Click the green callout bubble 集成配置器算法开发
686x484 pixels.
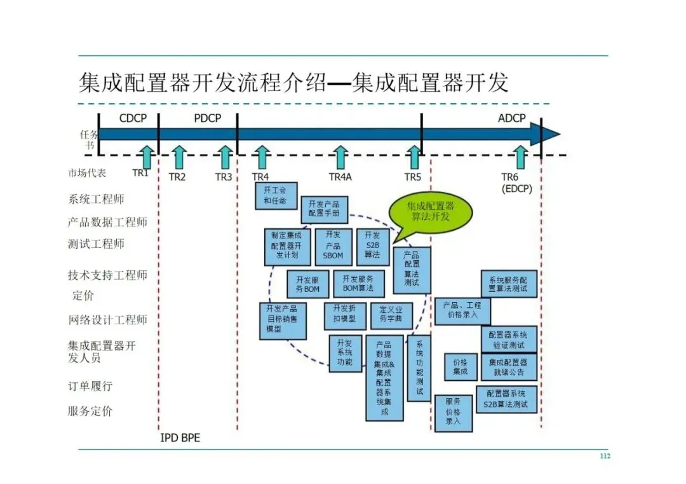[x=431, y=212]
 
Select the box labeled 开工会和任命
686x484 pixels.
[x=275, y=196]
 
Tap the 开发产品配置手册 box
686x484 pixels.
[x=324, y=209]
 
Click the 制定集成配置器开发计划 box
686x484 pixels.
[x=288, y=246]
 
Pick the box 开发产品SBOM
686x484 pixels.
[x=333, y=246]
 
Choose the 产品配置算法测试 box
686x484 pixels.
[x=412, y=270]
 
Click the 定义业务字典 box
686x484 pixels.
[x=391, y=315]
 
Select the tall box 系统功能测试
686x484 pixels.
[x=419, y=367]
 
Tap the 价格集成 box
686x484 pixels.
[x=461, y=367]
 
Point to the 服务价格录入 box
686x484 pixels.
[x=453, y=413]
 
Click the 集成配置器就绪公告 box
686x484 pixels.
[x=508, y=367]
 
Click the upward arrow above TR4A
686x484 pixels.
[x=340, y=157]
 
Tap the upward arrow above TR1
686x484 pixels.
[x=146, y=157]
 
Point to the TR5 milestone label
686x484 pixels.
[x=413, y=177]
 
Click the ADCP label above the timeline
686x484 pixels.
[x=511, y=119]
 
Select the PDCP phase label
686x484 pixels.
[x=207, y=119]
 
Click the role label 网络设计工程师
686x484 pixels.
[x=107, y=319]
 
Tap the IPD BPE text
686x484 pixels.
[x=180, y=438]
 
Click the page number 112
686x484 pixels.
[x=605, y=456]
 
